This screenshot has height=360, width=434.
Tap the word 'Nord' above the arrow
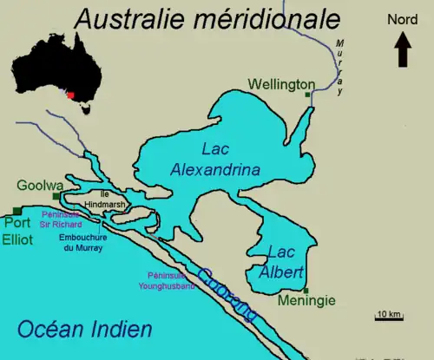pyautogui.click(x=403, y=20)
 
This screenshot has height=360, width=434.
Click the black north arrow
pyautogui.click(x=404, y=49)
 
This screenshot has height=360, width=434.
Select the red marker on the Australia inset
pyautogui.click(x=70, y=95)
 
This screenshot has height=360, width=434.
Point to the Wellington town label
pyautogui.click(x=281, y=84)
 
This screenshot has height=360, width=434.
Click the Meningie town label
pyautogui.click(x=306, y=302)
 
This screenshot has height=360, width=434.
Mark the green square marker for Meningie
pyautogui.click(x=306, y=289)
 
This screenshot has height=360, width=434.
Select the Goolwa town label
pyautogui.click(x=39, y=185)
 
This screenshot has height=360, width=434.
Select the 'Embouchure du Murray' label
pyautogui.click(x=79, y=241)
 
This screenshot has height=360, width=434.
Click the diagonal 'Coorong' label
pyautogui.click(x=227, y=296)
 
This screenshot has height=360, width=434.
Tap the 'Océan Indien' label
pyautogui.click(x=85, y=329)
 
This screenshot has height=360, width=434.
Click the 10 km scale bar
pyautogui.click(x=389, y=318)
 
